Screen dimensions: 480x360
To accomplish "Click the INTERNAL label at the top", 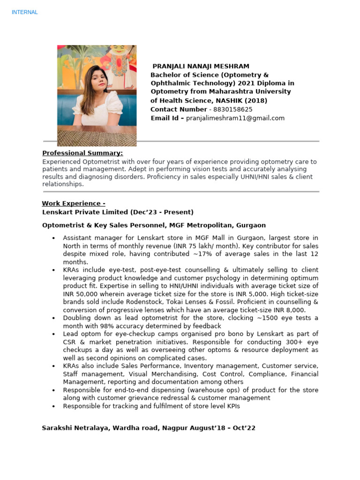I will click(x=24, y=12).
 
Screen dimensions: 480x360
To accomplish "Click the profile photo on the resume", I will click(x=97, y=95).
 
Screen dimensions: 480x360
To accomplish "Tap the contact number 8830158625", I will click(x=233, y=109).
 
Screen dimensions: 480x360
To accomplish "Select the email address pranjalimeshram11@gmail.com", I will click(x=235, y=118).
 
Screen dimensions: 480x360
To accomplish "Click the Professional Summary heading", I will click(x=82, y=153).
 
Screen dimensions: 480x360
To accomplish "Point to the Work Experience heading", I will click(x=74, y=203).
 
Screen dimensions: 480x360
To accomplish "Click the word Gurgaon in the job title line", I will click(x=251, y=225).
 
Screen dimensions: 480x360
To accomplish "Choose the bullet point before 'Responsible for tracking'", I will click(x=54, y=406).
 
